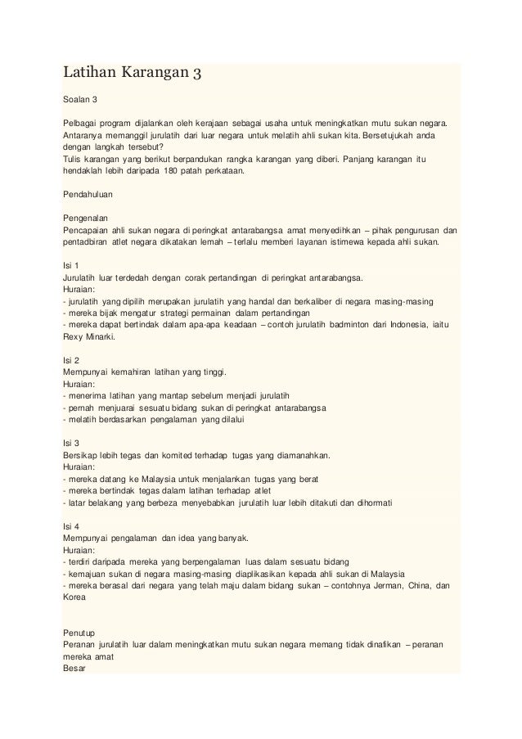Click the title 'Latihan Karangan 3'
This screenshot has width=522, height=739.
coord(131,77)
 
